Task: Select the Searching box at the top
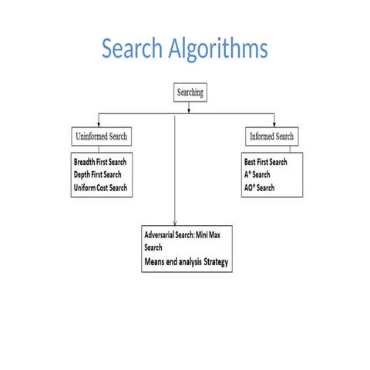point(190,92)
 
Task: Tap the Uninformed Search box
point(101,137)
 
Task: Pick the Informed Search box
point(271,137)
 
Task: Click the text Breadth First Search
point(100,163)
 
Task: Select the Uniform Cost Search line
point(100,187)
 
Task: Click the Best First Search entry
point(264,163)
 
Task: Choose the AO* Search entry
point(259,187)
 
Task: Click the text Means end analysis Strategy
point(186,262)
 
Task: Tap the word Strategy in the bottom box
point(216,262)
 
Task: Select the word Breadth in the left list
point(84,163)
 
